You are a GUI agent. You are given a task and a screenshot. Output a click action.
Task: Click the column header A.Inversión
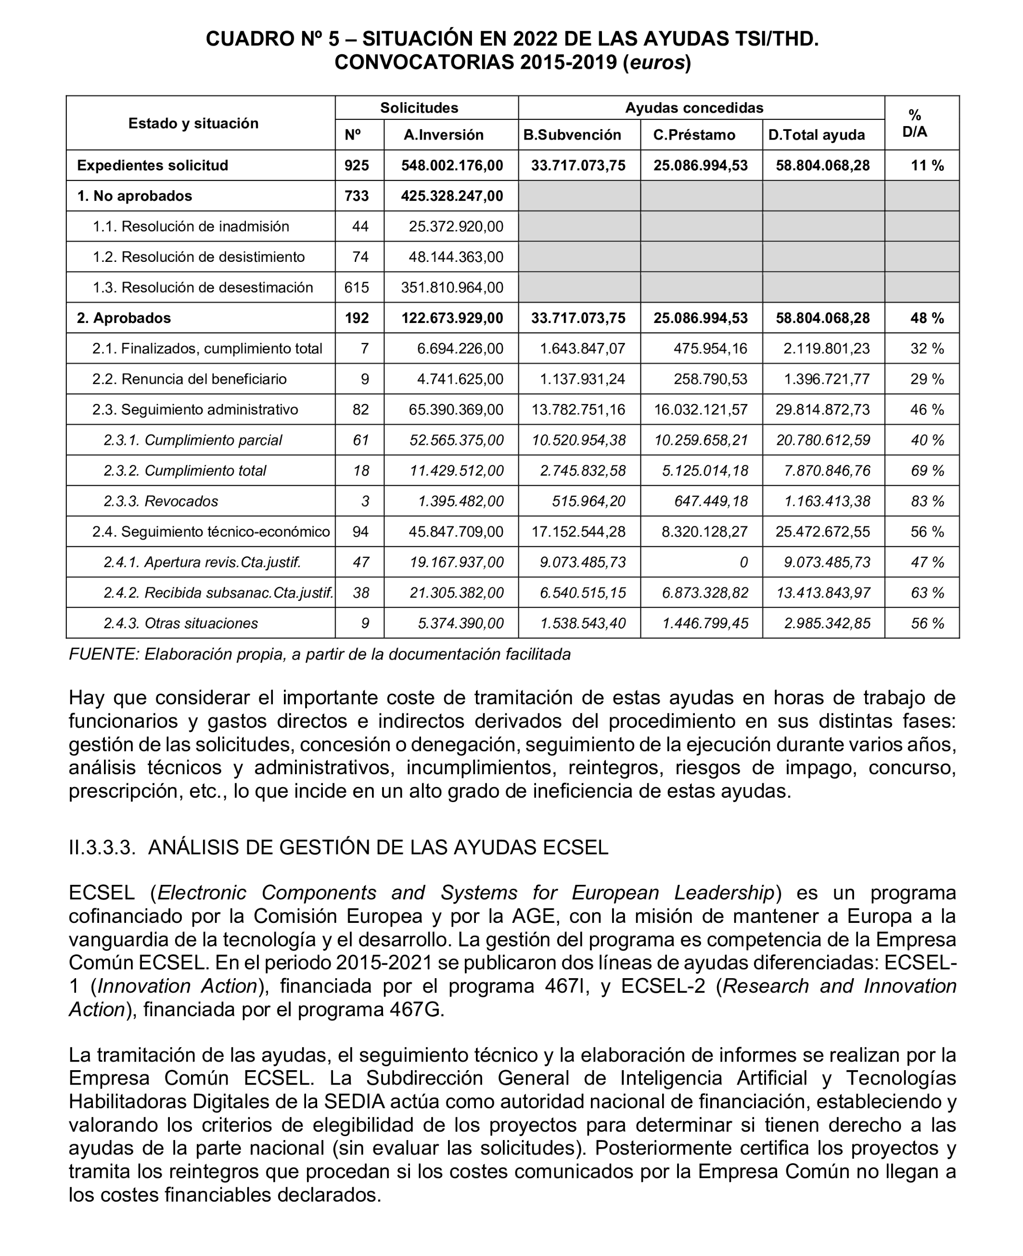[x=443, y=135]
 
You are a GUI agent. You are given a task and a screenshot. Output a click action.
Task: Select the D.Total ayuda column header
[x=816, y=135]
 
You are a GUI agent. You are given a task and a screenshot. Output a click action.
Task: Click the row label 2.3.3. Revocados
[x=160, y=502]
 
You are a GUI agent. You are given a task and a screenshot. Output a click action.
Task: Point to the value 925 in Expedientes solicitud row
[x=357, y=166]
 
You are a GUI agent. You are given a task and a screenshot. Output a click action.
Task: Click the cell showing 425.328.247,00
[x=452, y=196]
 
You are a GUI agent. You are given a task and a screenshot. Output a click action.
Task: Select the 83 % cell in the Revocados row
[x=927, y=502]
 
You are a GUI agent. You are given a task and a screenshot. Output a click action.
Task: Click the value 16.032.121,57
[x=700, y=410]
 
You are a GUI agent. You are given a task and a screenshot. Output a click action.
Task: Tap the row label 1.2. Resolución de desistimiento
[x=199, y=257]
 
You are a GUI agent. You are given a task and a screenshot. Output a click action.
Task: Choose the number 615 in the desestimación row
[x=357, y=287]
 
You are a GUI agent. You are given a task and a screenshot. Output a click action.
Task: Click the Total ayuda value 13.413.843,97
[x=823, y=593]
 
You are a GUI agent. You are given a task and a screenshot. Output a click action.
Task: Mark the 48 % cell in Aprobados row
[x=927, y=318]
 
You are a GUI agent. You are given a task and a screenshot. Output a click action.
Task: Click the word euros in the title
[x=657, y=63]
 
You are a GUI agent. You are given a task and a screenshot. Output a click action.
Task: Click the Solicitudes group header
[x=419, y=108]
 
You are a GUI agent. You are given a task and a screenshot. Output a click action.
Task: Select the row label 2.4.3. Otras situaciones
[x=180, y=623]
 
